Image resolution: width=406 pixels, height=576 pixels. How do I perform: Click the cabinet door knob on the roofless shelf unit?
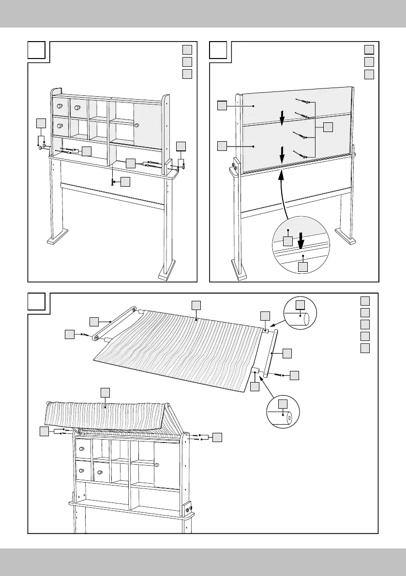coord(137,125)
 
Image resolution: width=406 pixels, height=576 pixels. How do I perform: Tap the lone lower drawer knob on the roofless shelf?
coord(60,126)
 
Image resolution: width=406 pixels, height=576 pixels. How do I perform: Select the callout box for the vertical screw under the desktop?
coord(125,182)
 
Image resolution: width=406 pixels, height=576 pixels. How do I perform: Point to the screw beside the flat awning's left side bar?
coord(84,334)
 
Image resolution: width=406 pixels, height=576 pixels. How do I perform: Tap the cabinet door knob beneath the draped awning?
coord(157,464)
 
